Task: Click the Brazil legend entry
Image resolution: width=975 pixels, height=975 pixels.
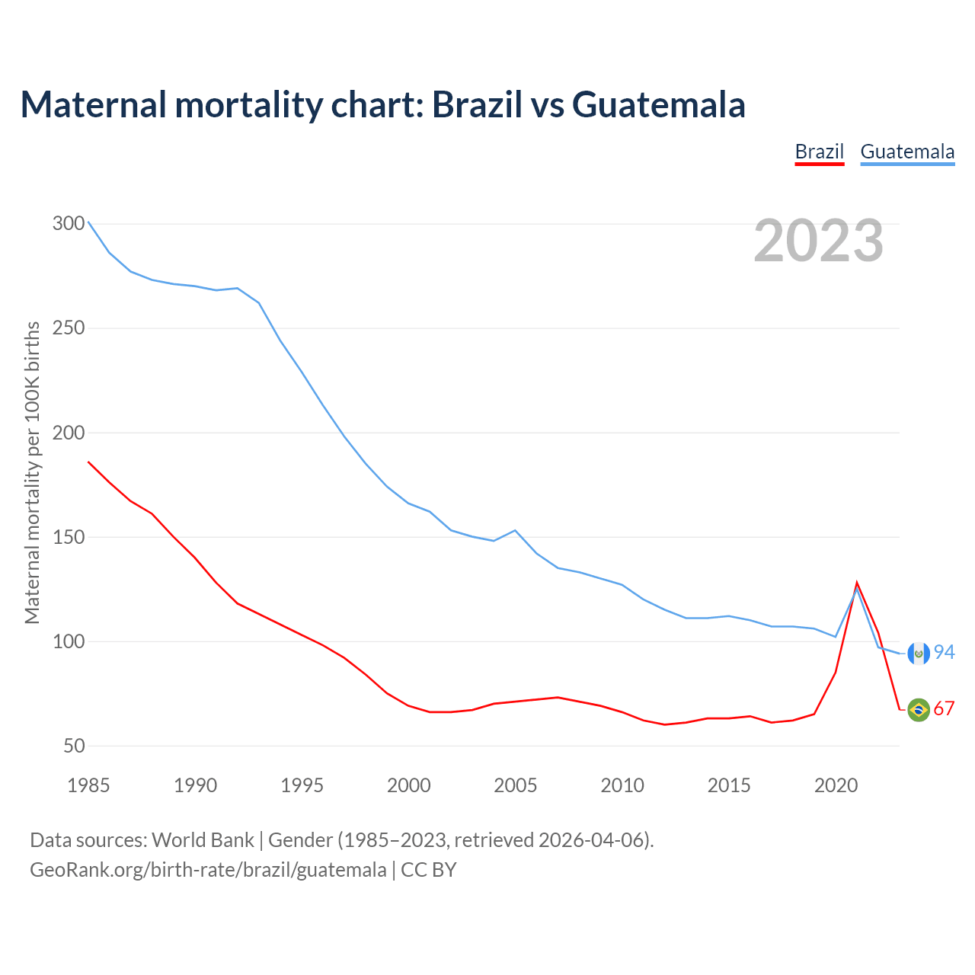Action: (819, 152)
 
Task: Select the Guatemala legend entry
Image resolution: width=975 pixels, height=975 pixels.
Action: (907, 152)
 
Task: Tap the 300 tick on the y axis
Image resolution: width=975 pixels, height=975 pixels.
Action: (69, 224)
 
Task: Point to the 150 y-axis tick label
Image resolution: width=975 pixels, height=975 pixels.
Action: (69, 537)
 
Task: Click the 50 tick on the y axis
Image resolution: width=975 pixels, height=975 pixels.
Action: (74, 746)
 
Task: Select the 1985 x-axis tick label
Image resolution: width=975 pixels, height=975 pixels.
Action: (88, 785)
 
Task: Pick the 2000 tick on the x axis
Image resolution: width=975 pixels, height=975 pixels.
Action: (409, 785)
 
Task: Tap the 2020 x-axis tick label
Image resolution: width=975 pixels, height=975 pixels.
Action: (836, 785)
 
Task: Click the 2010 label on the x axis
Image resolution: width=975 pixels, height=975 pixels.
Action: (622, 785)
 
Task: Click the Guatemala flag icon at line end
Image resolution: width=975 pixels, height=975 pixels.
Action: (919, 653)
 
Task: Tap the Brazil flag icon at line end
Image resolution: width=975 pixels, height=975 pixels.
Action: (919, 710)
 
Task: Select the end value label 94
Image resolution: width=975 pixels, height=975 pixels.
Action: (945, 653)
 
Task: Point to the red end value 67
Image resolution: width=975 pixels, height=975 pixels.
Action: (945, 709)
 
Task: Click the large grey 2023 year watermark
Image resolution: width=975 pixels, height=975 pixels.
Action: (819, 241)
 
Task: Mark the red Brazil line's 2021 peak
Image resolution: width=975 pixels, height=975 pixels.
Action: (857, 583)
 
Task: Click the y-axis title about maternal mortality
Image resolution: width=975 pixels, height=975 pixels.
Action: (32, 472)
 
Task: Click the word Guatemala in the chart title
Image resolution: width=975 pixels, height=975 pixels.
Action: (658, 105)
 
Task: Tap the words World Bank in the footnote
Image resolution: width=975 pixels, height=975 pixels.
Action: (203, 840)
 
